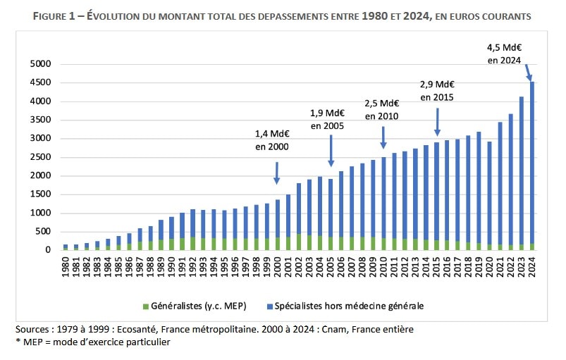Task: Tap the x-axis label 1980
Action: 66,267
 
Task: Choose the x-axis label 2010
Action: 383,267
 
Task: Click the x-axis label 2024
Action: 531,267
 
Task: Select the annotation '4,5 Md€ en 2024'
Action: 504,54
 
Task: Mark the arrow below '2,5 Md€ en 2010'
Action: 383,136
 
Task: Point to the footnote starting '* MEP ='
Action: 92,342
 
